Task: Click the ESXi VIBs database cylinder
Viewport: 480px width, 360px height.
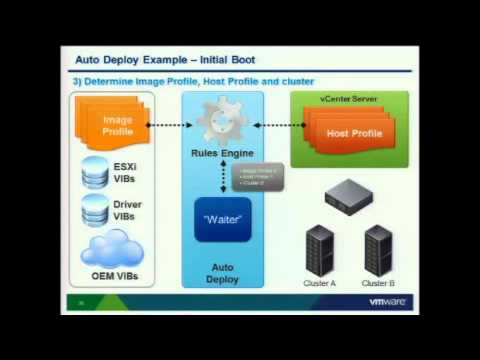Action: pyautogui.click(x=95, y=172)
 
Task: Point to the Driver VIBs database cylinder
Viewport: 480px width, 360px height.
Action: pyautogui.click(x=95, y=210)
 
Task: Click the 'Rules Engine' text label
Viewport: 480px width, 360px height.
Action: pyautogui.click(x=222, y=153)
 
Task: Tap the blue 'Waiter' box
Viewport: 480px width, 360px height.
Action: pyautogui.click(x=222, y=218)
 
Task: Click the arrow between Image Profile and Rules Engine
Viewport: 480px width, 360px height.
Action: pyautogui.click(x=170, y=125)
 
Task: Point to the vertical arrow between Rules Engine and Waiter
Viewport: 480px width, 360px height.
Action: pyautogui.click(x=223, y=177)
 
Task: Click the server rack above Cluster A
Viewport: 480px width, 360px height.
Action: pyautogui.click(x=319, y=250)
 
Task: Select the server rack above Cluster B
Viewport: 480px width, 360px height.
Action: pyautogui.click(x=378, y=250)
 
